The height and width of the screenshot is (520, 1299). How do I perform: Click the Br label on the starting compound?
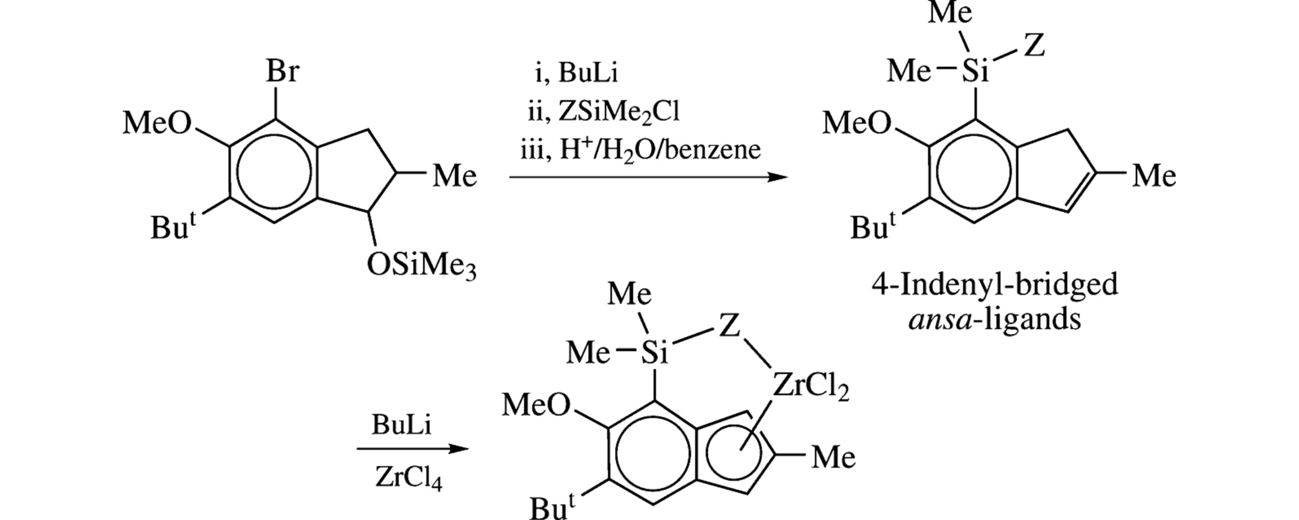coord(282,72)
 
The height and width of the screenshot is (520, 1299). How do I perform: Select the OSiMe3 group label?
coord(421,266)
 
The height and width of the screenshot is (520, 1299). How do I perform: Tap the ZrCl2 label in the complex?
coord(811,387)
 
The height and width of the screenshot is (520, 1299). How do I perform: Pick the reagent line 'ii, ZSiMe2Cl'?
coord(603,112)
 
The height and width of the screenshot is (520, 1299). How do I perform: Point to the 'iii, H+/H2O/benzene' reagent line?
coord(640,150)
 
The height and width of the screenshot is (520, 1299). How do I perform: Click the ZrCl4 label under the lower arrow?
coord(409,479)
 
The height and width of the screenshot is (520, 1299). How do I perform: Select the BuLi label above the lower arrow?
coord(401,425)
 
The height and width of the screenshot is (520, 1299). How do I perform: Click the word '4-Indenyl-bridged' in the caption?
coord(994,285)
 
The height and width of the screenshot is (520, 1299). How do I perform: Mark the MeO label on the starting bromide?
coord(157,124)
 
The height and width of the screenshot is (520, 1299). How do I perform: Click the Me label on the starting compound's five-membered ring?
coord(454,176)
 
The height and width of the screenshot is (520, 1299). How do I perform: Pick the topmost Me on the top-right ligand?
coord(950,13)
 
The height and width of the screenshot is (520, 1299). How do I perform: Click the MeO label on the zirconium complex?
coord(536,406)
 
